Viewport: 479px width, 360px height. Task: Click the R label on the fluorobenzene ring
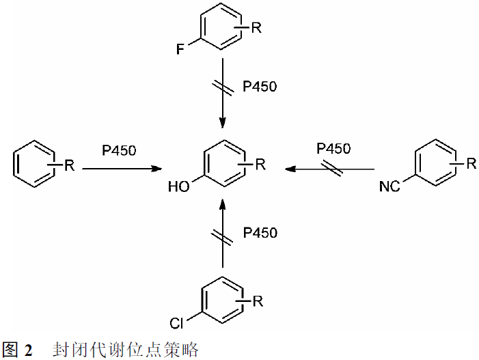(256, 27)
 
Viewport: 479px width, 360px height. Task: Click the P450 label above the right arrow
(333, 149)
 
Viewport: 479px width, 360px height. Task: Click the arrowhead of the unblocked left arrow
(159, 168)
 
